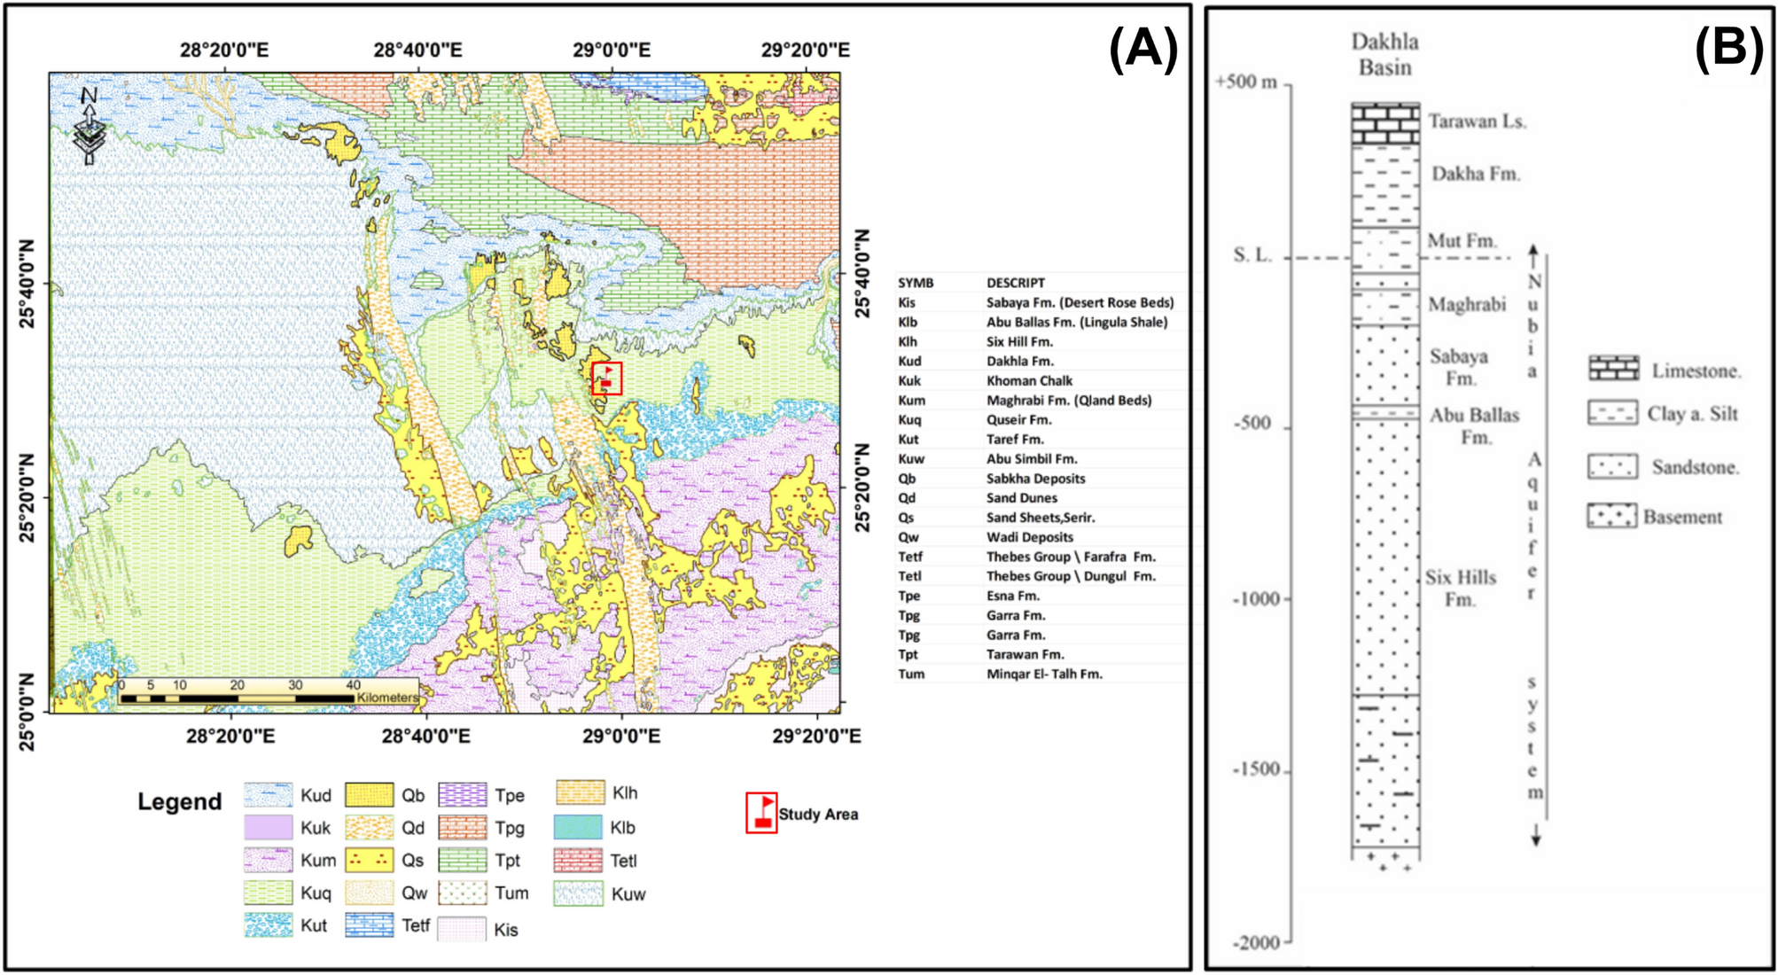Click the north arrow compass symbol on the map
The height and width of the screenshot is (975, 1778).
(90, 126)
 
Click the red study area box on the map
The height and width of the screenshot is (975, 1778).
(607, 378)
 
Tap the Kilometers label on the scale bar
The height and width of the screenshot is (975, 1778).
(387, 698)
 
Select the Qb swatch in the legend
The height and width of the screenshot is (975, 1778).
(369, 795)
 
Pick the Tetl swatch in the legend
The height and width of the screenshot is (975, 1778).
(578, 860)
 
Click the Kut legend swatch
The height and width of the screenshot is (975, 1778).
(268, 925)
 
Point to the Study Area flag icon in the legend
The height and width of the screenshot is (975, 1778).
(761, 813)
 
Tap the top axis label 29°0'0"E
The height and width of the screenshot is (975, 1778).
(611, 51)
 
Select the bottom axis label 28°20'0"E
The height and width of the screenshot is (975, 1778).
(230, 736)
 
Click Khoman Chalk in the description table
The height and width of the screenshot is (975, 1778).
(1029, 380)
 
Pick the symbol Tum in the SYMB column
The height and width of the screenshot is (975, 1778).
(911, 674)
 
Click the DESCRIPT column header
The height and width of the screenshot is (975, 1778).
(1015, 283)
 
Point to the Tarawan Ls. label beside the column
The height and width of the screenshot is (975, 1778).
(1477, 121)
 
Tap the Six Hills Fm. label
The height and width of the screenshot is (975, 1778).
(1461, 588)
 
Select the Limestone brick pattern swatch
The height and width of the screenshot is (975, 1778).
(1613, 369)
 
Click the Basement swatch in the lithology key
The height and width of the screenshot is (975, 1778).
(1611, 516)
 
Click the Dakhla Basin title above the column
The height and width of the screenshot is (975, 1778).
(1384, 54)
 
